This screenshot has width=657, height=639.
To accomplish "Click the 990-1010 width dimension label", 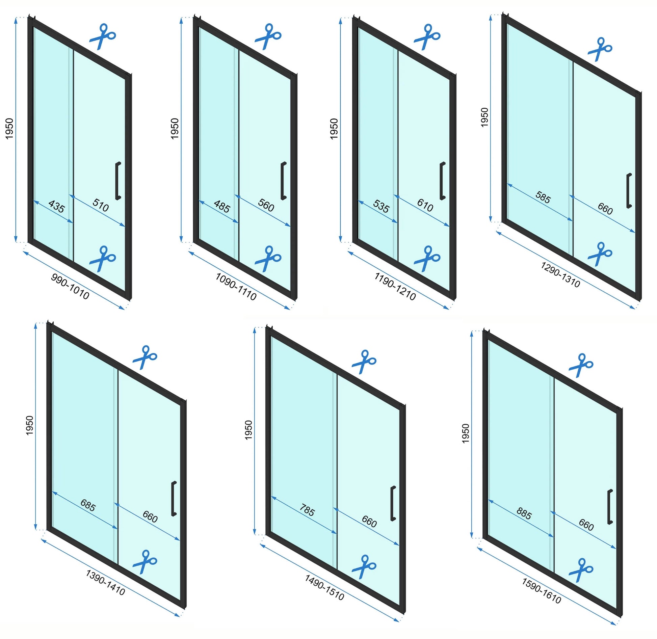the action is [x=70, y=287].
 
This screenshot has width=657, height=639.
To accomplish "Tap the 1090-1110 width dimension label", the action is [x=236, y=287].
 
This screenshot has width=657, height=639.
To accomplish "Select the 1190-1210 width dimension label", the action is [x=395, y=287].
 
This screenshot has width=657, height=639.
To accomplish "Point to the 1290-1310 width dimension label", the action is [x=560, y=275].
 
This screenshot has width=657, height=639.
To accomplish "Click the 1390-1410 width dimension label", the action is [x=105, y=583].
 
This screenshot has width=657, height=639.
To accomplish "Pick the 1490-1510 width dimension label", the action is [x=324, y=588].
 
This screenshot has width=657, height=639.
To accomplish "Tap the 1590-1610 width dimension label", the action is [x=542, y=591].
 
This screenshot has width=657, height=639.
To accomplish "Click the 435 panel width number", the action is [x=56, y=206].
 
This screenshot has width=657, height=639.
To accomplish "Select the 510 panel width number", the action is [x=101, y=205].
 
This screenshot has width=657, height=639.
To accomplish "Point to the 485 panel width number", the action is [x=222, y=206].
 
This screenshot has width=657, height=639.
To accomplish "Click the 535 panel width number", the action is [x=381, y=206].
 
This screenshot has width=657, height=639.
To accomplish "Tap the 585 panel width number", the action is [x=543, y=197].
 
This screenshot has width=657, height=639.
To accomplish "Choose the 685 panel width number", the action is [x=88, y=505].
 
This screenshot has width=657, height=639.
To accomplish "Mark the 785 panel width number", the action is [x=307, y=510].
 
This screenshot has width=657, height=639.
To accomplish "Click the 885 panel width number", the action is [x=524, y=513].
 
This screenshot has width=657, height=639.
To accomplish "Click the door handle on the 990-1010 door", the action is [x=118, y=181].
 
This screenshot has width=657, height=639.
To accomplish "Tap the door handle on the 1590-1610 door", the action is [x=609, y=507].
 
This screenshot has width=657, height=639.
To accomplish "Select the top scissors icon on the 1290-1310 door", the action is [x=600, y=49].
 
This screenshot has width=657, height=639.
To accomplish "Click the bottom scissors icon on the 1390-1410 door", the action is [x=145, y=562].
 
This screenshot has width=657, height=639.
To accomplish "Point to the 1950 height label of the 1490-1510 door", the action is [x=248, y=430].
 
